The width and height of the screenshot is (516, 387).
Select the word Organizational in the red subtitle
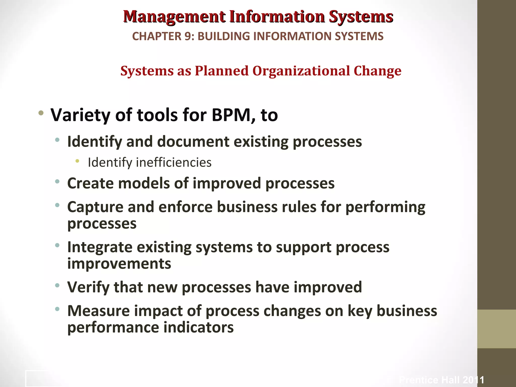click(x=301, y=71)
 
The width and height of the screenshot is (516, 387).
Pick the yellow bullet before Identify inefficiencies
click(x=77, y=161)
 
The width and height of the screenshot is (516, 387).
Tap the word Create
click(x=90, y=183)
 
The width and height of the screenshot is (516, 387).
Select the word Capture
click(x=95, y=207)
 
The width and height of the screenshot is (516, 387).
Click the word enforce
click(x=185, y=207)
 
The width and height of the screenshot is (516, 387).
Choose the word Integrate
click(x=100, y=247)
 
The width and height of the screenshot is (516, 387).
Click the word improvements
click(x=119, y=264)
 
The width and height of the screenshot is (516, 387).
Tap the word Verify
click(x=88, y=287)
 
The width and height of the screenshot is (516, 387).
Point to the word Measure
click(x=98, y=311)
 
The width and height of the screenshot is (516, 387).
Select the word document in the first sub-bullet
click(x=193, y=142)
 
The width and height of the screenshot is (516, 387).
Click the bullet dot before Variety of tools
click(x=41, y=113)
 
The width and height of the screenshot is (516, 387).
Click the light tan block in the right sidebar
click(x=496, y=329)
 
